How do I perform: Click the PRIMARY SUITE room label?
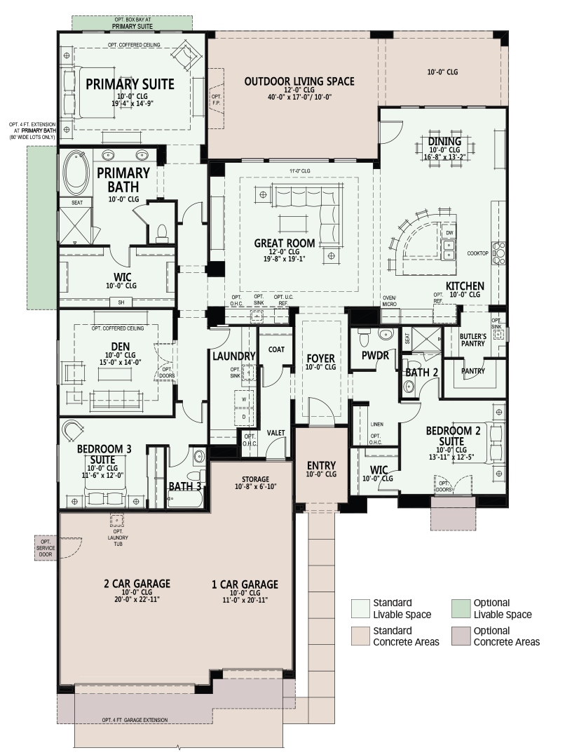(x=130, y=84)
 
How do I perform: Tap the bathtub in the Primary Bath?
(x=76, y=172)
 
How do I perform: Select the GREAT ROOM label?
(x=285, y=243)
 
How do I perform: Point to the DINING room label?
(x=444, y=141)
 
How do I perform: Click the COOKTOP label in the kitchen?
(x=477, y=253)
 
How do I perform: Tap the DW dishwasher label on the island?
(x=449, y=232)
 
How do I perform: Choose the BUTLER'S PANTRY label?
(x=473, y=340)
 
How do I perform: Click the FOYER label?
(x=321, y=359)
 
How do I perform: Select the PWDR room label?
(x=375, y=355)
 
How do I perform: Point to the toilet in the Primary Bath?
(x=162, y=233)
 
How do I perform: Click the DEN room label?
(x=121, y=347)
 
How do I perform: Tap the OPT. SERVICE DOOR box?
(x=46, y=548)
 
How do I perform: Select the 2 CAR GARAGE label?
(x=137, y=584)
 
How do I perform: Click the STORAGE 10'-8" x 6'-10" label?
(x=255, y=483)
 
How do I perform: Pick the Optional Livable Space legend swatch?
(x=461, y=608)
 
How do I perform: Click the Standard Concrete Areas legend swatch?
(x=360, y=636)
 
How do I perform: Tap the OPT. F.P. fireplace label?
(x=217, y=100)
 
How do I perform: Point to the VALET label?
(x=275, y=433)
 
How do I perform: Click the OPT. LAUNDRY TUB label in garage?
(x=118, y=537)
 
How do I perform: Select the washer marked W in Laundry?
(x=244, y=399)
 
